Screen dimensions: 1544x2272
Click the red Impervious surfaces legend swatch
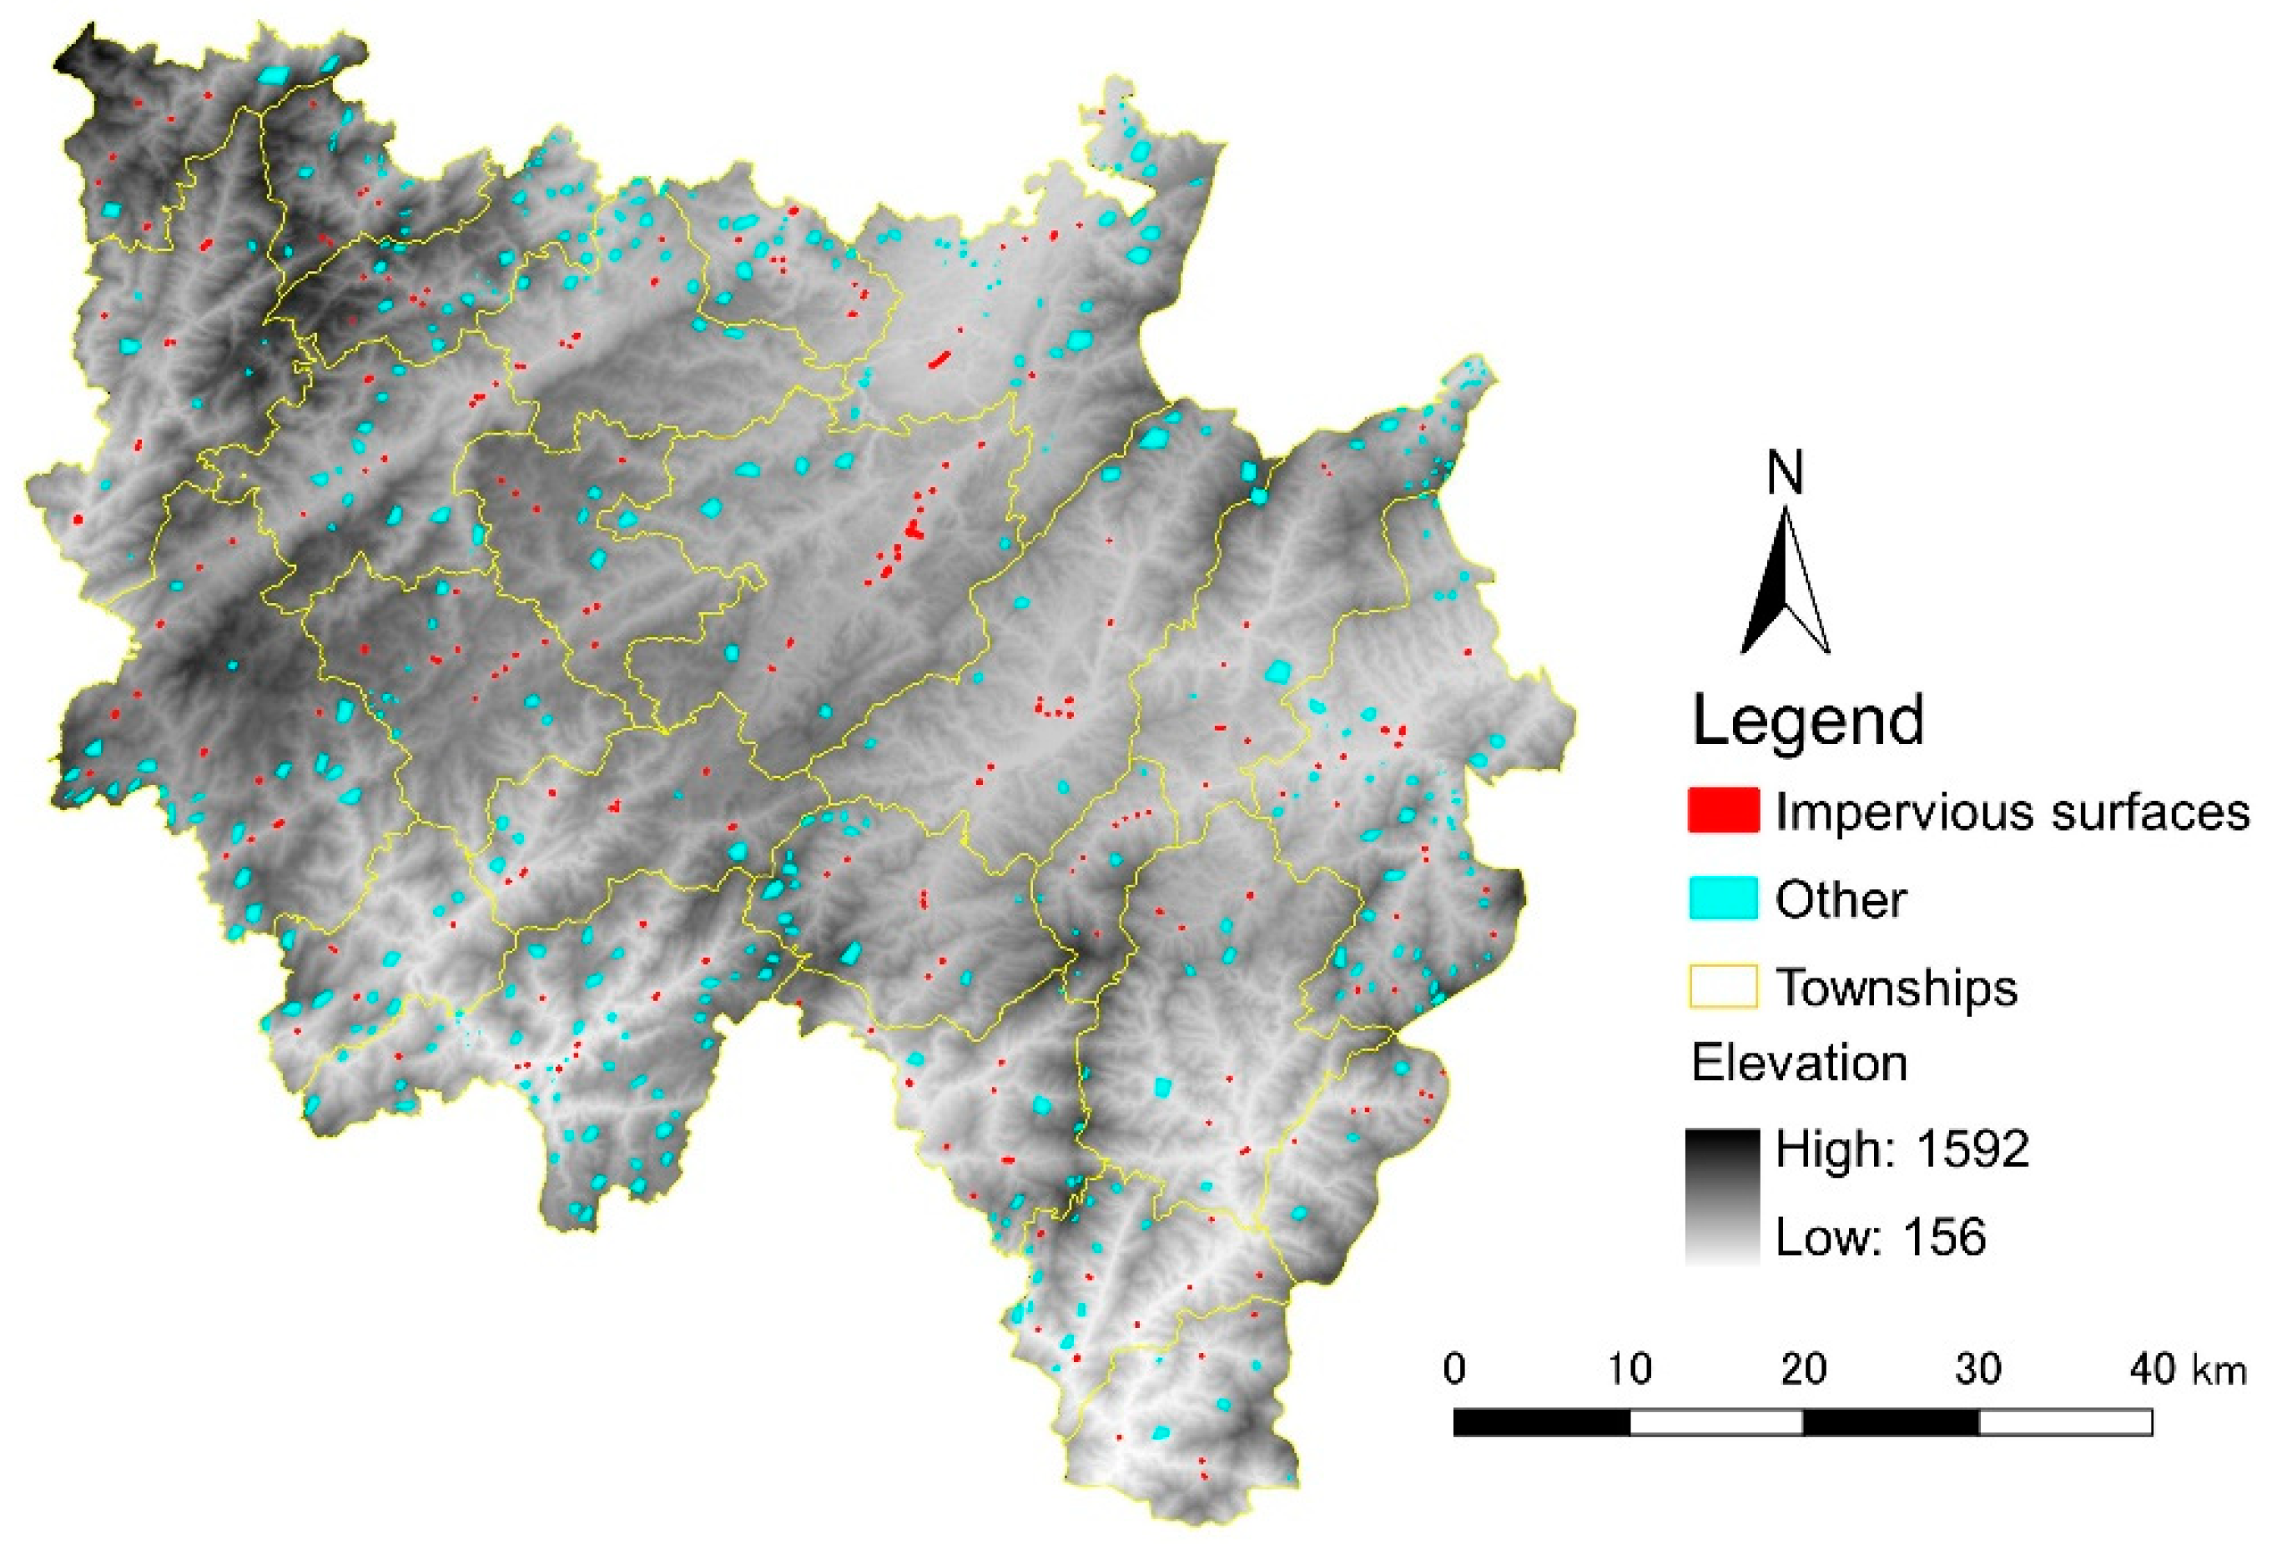1723,810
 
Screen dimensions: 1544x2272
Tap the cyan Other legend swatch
1723,898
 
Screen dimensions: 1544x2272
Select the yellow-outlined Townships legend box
1723,986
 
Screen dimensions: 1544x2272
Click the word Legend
1807,722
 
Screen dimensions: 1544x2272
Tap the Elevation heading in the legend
1799,1062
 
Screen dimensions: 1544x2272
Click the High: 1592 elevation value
1902,1149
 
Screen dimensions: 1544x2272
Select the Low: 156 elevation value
1880,1237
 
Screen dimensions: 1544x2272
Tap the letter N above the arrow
1786,473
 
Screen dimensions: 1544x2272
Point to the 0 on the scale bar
1453,1369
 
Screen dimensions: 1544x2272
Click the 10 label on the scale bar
1630,1369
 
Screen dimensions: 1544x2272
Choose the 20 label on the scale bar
1804,1369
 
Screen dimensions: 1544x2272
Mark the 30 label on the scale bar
1977,1369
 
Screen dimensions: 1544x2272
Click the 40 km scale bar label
2188,1369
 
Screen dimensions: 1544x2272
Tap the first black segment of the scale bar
1542,1422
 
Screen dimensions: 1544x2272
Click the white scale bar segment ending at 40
2065,1422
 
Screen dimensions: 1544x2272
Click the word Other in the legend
1840,899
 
